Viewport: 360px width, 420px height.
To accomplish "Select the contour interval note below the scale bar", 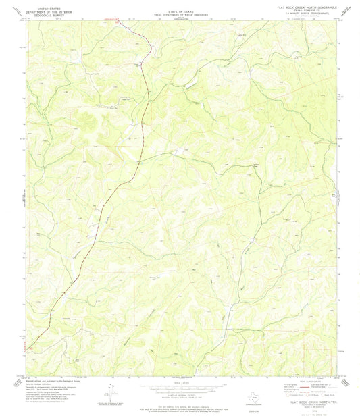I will pyautogui.click(x=180, y=389).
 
